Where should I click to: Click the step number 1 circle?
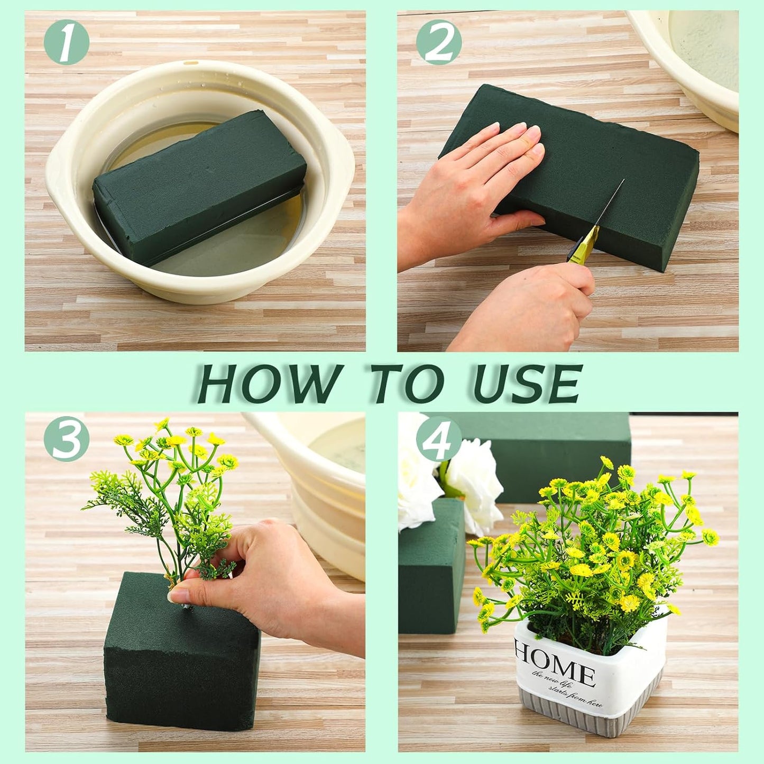click(x=66, y=42)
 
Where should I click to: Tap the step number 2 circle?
click(x=439, y=42)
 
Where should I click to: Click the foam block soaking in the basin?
click(x=198, y=185)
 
